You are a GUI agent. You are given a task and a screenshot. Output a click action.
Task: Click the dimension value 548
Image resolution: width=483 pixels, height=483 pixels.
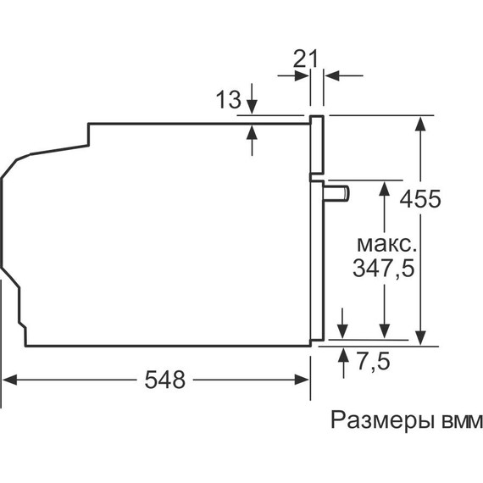pos(164,380)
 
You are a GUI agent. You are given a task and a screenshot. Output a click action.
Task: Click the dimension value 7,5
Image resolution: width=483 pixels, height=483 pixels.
pos(370,362)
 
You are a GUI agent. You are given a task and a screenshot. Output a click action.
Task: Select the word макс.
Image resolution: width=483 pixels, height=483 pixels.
pos(386,244)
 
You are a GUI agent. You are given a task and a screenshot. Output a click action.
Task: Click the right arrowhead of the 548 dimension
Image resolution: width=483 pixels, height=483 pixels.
pos(303,380)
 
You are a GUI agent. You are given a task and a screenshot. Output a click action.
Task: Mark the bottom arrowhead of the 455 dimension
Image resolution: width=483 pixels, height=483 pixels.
pos(419,336)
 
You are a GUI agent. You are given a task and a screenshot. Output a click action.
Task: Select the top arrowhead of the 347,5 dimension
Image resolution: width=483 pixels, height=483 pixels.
pos(386,188)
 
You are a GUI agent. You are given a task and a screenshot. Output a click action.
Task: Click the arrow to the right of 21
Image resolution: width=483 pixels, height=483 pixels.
pos(332,75)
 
